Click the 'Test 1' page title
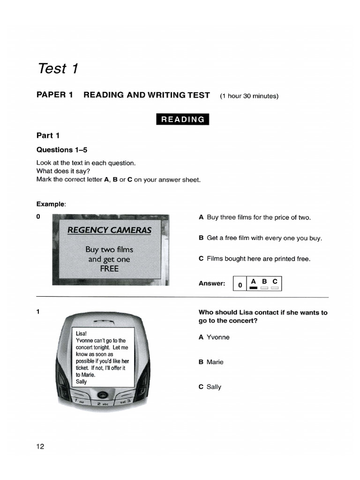57,68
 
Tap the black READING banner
183,120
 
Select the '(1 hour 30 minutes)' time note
249,96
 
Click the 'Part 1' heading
48,135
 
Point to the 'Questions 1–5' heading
62,150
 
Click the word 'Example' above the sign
51,204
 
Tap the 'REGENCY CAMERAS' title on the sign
109,230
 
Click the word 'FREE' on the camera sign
109,269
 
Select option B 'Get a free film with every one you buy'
260,238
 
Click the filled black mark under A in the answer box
254,288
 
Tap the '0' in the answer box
240,285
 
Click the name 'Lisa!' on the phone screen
81,333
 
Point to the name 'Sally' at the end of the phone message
81,382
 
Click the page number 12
40,447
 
